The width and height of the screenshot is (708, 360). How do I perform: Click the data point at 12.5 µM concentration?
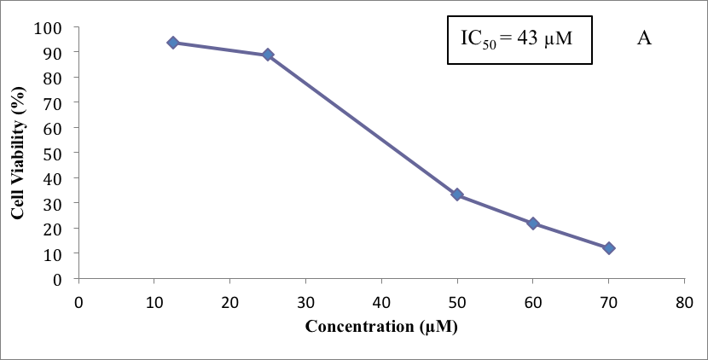tap(173, 42)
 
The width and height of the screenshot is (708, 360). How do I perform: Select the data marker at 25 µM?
tap(268, 55)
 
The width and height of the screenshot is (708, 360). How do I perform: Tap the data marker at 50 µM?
tap(457, 195)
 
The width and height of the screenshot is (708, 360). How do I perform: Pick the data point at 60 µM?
tap(533, 223)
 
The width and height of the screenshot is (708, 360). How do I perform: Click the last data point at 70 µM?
tap(608, 248)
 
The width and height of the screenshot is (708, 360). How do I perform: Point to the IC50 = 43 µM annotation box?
tap(519, 40)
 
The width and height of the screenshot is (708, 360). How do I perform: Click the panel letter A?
tap(644, 38)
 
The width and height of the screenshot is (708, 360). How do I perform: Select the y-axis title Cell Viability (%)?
tap(18, 154)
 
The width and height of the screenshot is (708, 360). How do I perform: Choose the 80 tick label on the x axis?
tap(683, 300)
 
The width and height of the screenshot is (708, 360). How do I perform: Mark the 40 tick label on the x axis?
tap(381, 300)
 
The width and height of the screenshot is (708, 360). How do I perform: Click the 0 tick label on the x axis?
tap(78, 300)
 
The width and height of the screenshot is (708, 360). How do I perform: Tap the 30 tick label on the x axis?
tap(305, 300)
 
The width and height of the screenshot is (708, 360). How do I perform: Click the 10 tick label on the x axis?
tap(154, 300)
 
